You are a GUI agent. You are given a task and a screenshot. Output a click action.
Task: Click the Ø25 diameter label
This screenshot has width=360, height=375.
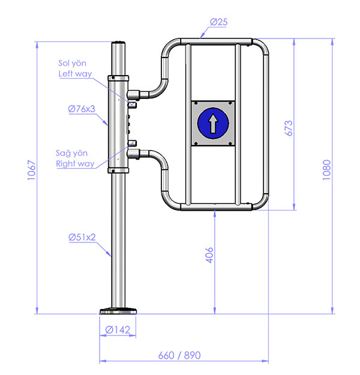218,22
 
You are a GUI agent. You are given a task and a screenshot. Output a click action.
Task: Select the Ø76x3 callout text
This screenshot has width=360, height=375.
82,109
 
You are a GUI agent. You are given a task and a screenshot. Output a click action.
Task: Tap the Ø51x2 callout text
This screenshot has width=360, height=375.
82,237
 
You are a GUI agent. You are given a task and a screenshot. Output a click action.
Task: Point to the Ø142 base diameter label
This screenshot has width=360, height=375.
118,330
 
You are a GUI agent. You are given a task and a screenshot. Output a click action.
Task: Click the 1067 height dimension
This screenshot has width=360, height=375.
32,170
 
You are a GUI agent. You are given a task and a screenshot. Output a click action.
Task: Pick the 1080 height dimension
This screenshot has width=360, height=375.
326,170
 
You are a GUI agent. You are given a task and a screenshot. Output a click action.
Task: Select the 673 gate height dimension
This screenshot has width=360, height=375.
289,128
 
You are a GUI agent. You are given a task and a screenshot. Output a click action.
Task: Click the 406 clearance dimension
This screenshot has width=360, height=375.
209,255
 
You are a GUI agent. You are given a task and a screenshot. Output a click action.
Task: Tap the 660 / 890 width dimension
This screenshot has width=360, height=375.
179,355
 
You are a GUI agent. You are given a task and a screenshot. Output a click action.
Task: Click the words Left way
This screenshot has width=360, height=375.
75,74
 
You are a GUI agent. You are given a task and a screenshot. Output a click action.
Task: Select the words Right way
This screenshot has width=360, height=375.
75,164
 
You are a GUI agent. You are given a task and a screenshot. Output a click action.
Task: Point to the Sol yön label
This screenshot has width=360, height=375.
72,63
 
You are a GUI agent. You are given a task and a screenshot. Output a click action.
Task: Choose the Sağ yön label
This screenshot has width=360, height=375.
71,154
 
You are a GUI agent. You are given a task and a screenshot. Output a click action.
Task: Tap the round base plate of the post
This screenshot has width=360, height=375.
118,311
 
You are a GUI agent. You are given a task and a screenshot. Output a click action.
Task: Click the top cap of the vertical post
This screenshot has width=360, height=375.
118,43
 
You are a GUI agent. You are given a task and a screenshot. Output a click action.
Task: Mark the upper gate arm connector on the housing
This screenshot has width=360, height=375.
133,95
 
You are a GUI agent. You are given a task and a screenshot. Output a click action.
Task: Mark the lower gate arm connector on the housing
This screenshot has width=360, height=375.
133,154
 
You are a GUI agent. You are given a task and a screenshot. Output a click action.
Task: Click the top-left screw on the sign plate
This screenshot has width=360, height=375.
196,103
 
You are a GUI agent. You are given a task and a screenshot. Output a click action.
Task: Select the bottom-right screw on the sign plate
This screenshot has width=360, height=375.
230,143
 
